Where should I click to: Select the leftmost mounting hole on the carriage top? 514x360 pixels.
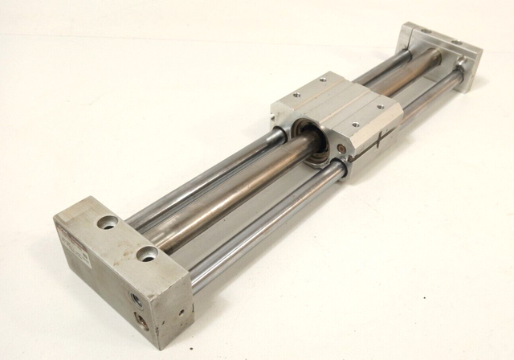click(x=296, y=95)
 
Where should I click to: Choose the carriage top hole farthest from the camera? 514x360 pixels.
click(x=323, y=79)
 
